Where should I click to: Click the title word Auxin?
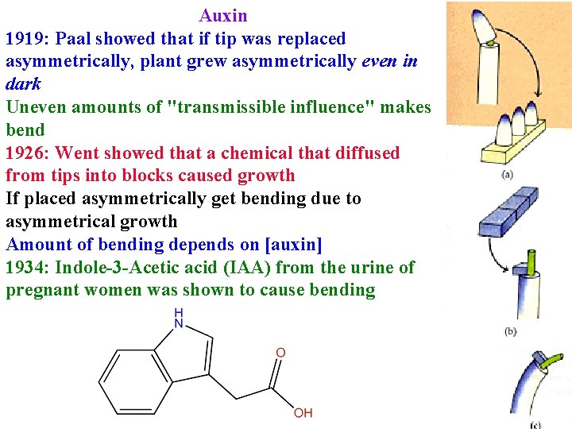point(223,16)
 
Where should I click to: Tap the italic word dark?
point(23,84)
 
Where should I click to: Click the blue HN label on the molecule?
point(178,319)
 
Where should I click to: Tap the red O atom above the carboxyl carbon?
point(280,353)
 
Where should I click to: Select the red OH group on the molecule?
point(303,412)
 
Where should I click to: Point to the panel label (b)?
point(509,330)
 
